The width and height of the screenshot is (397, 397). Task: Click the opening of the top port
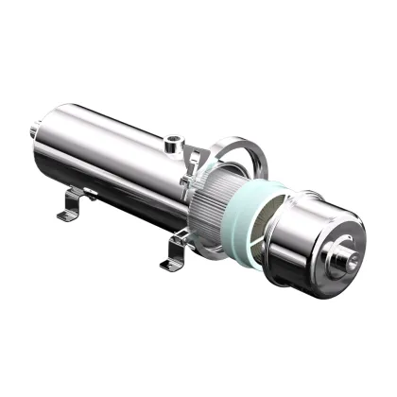[x=172, y=140]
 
